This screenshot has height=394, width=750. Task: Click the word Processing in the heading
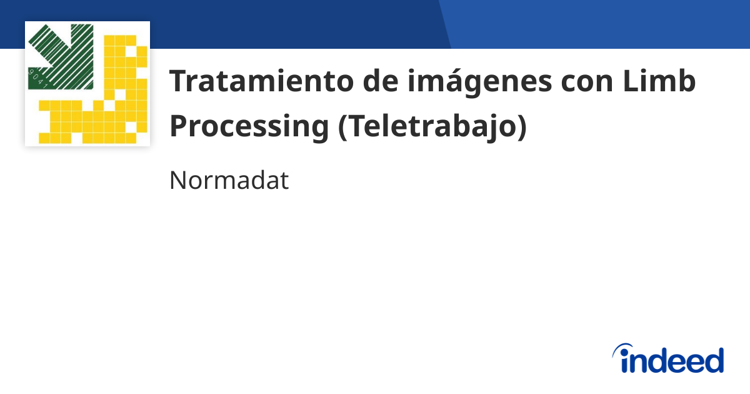(249, 127)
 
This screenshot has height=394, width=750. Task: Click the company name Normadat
(229, 181)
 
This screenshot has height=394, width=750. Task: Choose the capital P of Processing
(179, 127)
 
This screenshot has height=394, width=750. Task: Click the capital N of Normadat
(178, 181)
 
